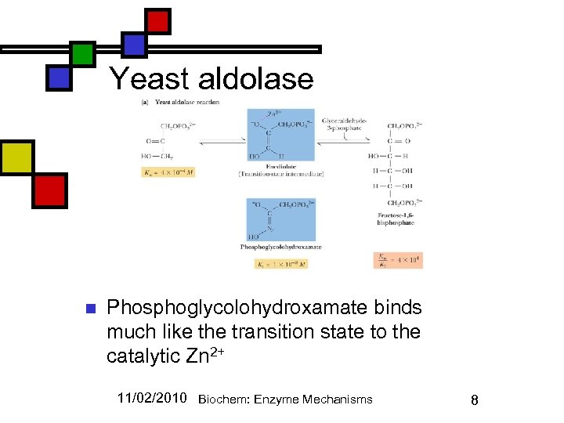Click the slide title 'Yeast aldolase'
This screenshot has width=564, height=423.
coord(211,79)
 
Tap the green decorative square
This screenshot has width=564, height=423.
coord(82,53)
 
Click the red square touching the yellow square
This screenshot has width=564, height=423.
coord(49,190)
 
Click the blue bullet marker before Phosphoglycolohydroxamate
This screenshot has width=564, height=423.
coord(89,308)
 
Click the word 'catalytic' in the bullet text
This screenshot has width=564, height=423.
coord(143,356)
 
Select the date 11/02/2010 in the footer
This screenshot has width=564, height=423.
coord(152,398)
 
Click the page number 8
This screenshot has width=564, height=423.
coord(474,399)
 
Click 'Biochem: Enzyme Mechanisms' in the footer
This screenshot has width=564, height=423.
coord(285,399)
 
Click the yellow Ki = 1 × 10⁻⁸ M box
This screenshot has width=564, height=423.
coord(281,264)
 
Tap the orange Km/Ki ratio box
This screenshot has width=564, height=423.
coord(398,260)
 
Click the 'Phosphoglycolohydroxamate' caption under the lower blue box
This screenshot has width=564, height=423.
coord(280,247)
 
